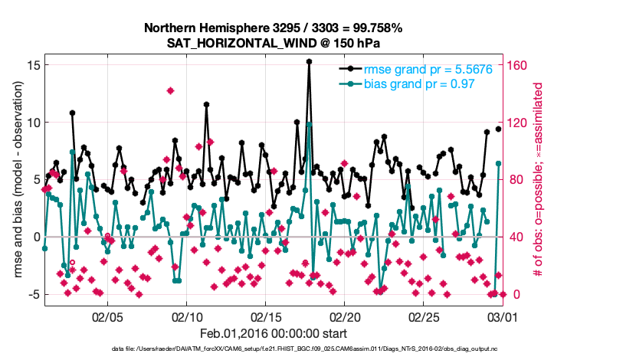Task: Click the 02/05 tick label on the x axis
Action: tap(107, 316)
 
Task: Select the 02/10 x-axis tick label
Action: tap(187, 316)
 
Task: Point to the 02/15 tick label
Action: tap(266, 316)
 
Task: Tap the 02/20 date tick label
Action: tap(346, 316)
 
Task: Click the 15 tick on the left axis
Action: tap(31, 65)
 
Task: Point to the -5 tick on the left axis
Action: tap(31, 294)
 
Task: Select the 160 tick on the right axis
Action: tap(520, 65)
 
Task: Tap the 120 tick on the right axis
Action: tap(520, 123)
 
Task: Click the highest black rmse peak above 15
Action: tap(309, 62)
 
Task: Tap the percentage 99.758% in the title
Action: tap(373, 28)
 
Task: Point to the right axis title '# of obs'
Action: tap(539, 180)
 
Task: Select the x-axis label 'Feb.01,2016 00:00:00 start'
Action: tap(274, 333)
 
